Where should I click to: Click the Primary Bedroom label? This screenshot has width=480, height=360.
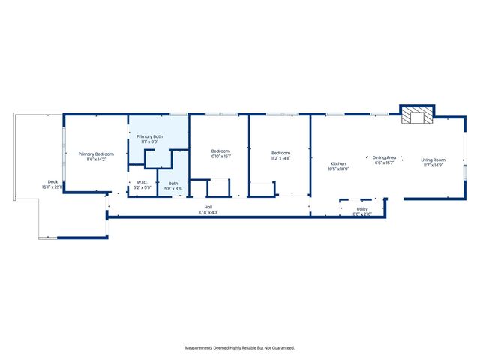coord(96,154)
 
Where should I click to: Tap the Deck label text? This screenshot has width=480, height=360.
coord(52,181)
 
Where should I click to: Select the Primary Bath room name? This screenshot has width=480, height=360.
coord(148,136)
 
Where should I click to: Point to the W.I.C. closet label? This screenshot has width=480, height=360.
coord(142,183)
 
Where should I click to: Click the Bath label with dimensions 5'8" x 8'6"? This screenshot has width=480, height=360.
coord(173,184)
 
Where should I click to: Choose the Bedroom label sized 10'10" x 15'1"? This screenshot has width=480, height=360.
coord(220,151)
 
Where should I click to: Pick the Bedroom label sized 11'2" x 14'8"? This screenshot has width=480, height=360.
coord(280,154)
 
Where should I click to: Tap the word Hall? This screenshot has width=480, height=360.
coord(208,207)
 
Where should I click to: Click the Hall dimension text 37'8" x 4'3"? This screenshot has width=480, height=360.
coord(208,212)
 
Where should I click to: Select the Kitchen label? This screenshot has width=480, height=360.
coord(339,163)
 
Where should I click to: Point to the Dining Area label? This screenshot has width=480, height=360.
coord(384,157)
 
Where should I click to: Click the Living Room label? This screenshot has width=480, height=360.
coord(433,160)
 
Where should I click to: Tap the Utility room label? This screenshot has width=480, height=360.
coord(362,209)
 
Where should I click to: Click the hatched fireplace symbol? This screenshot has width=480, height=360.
coord(416,115)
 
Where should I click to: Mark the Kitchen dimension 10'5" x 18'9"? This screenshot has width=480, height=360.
coord(339,169)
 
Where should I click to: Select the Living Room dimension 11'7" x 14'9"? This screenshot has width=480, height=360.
coord(433,166)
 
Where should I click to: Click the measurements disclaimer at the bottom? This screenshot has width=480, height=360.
coord(240,348)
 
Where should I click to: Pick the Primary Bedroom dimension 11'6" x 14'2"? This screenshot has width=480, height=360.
coord(96,160)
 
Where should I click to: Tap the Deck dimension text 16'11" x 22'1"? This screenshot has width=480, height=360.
coord(52,187)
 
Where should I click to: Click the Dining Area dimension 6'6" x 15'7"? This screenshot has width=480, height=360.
coord(384,163)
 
